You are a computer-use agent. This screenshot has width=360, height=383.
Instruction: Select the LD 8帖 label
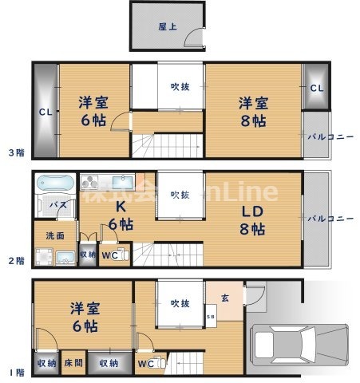pos(253,220)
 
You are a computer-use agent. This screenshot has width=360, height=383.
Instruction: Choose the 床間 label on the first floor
pos(73,363)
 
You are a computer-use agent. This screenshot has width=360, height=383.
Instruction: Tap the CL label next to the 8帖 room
pos(315,88)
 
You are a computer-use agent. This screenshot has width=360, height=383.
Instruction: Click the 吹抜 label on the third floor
pos(180,87)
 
